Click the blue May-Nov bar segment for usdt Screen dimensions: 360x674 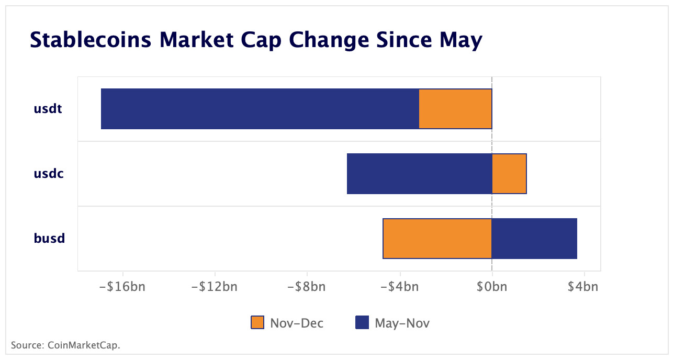[260, 109]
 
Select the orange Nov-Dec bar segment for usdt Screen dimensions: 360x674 [455, 109]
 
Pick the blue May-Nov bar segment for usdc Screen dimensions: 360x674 [419, 174]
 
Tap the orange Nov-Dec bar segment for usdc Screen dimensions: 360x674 [509, 174]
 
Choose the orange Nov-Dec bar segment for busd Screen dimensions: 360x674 [437, 239]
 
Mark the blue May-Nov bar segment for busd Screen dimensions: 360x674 [534, 239]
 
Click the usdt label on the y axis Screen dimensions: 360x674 [48, 109]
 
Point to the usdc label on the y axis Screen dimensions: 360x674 [49, 174]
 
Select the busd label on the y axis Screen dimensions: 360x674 [49, 239]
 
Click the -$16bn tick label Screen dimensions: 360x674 [123, 287]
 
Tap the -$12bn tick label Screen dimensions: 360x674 [215, 287]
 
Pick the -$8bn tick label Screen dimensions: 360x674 [307, 287]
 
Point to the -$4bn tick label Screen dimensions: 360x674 [399, 287]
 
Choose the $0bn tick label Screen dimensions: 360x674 [492, 287]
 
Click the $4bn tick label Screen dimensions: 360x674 [583, 287]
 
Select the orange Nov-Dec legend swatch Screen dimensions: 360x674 [258, 323]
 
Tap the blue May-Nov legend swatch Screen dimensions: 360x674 [362, 323]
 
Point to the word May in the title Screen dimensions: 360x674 [460, 40]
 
